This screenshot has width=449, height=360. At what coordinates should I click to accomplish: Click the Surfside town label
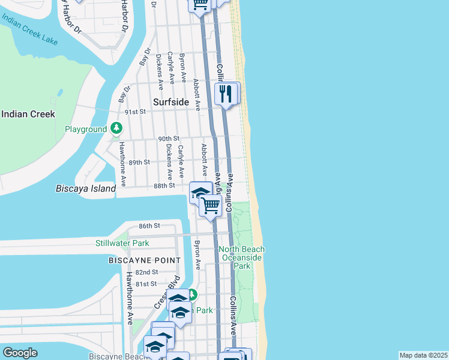171,102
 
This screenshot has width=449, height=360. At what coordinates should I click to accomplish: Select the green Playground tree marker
116,128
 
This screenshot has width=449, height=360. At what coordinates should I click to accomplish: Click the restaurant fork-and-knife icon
226,93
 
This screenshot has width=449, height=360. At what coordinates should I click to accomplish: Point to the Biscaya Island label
91,188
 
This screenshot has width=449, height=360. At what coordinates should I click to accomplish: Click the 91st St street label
136,112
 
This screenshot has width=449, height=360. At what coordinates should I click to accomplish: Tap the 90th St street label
169,139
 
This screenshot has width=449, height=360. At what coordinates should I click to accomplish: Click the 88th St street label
163,185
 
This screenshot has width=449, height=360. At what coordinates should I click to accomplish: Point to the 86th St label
149,226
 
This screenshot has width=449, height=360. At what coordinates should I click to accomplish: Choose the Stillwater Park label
122,243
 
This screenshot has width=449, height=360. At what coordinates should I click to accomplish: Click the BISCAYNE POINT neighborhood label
144,260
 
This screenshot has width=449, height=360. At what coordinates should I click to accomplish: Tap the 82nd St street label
146,272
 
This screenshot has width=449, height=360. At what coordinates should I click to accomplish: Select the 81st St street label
146,284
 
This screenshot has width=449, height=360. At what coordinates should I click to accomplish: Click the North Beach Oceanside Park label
241,257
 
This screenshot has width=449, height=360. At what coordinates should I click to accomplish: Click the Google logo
20,353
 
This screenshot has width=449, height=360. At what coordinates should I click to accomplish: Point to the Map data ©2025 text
423,355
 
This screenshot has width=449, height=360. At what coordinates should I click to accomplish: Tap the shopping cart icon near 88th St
211,205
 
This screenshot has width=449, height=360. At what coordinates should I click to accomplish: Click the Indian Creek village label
28,114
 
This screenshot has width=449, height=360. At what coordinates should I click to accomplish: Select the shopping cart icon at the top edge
200,4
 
